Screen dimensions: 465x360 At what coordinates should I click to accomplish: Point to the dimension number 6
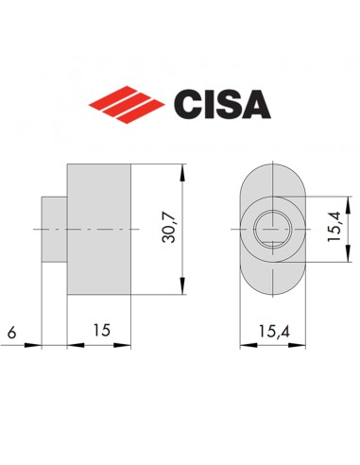(x=10, y=331)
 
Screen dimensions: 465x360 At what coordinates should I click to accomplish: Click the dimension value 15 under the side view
(x=99, y=331)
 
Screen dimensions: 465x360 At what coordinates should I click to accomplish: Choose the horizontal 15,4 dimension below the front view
(x=272, y=331)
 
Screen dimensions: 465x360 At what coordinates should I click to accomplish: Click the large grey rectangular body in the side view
(x=97, y=229)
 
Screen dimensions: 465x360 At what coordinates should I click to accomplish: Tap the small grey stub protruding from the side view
(x=54, y=229)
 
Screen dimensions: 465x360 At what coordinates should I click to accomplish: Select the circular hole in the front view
(x=272, y=229)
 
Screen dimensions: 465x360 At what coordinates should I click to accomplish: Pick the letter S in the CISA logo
(x=227, y=102)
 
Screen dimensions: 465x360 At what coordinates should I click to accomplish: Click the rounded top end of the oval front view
(x=272, y=175)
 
